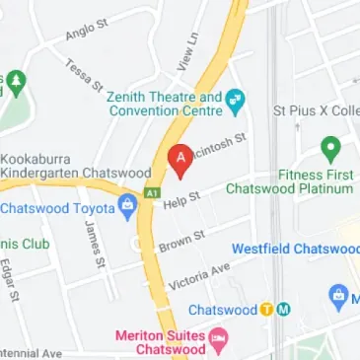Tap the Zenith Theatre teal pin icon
tap(235, 100)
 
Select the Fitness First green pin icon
tap(329, 149)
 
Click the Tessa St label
tap(85, 77)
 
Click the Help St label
tap(181, 201)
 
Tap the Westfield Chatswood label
tap(296, 249)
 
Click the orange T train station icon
tap(266, 308)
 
